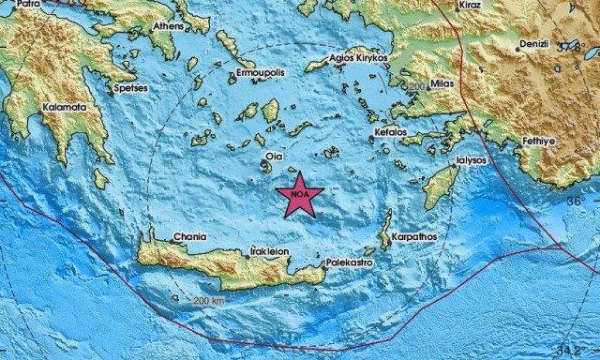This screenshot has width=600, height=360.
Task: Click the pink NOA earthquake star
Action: [300, 195]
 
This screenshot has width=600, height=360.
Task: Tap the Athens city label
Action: [169, 26]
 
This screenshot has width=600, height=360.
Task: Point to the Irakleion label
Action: [269, 251]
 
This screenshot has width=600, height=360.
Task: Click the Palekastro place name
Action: [350, 265]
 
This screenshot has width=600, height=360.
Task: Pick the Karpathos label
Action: [413, 237]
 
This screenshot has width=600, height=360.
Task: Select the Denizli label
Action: [535, 44]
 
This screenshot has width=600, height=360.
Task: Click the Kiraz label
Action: [470, 6]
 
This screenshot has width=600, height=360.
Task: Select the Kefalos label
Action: [391, 133]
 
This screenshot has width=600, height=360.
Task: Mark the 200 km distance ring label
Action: [210, 301]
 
